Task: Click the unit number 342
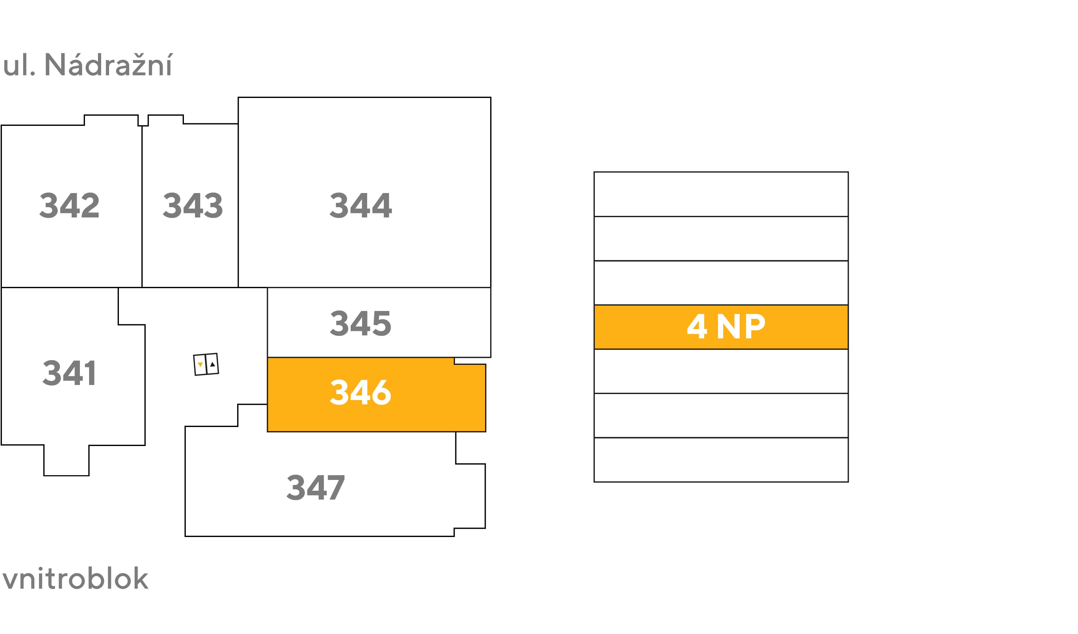(69, 205)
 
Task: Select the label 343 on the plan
(192, 205)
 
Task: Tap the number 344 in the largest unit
(360, 205)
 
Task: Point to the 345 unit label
(360, 323)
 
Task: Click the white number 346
(360, 392)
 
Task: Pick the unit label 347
(316, 487)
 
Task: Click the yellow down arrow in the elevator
(200, 365)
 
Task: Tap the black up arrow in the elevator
(213, 364)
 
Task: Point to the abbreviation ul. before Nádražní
(19, 65)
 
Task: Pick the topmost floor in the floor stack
(721, 194)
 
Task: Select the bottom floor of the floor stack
(721, 460)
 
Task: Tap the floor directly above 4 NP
(721, 283)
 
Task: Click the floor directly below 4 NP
(721, 371)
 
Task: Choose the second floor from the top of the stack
(721, 239)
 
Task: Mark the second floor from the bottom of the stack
(721, 415)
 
